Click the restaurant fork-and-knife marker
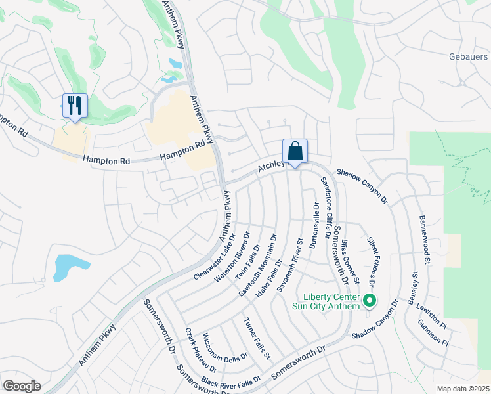click(75, 105)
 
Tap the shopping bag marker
click(295, 151)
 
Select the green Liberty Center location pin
click(369, 302)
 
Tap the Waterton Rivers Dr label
click(232, 257)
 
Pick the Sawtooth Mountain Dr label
click(258, 266)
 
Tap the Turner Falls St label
click(257, 339)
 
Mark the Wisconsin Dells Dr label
click(224, 347)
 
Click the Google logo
click(22, 386)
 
